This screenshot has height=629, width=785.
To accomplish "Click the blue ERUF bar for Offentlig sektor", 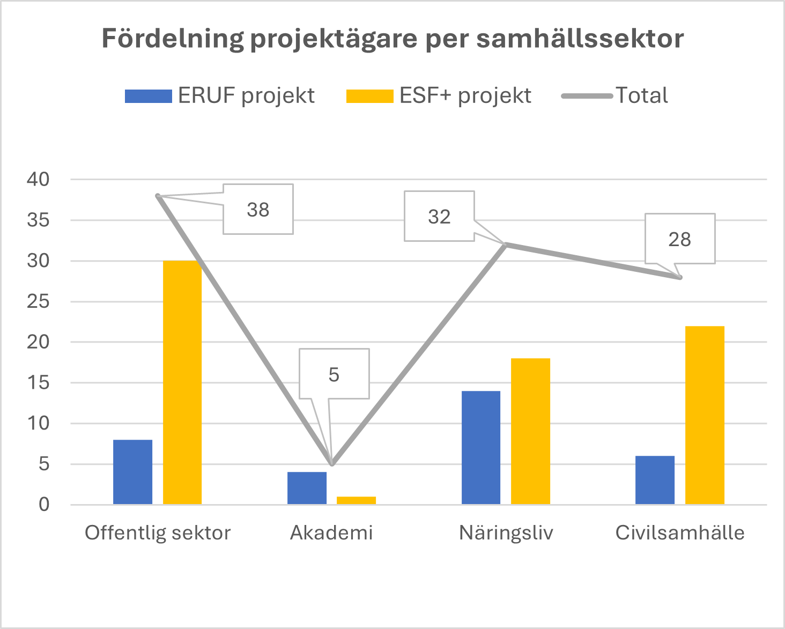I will [132, 472].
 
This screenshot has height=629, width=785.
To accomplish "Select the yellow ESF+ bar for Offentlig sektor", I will [182, 382].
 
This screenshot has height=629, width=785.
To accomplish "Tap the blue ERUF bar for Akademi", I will [307, 488].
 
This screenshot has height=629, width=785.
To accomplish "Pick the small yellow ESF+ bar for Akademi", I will [356, 500].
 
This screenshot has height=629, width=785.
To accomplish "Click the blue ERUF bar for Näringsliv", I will [480, 448].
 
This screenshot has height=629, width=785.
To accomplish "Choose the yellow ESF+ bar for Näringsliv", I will [530, 431].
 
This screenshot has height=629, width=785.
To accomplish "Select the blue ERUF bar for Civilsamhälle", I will [655, 480].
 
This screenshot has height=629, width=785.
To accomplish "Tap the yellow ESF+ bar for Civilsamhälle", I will [705, 415].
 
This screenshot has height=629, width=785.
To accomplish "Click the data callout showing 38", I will [258, 210].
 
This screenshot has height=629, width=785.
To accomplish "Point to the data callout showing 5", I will [334, 374].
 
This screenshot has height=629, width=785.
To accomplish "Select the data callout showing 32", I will [439, 217].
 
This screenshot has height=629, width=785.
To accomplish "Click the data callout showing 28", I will [679, 239].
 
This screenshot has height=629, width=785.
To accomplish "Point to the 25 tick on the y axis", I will [38, 302].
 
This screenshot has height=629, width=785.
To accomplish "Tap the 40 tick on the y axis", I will [38, 180].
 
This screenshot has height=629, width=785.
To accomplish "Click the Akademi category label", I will [331, 532].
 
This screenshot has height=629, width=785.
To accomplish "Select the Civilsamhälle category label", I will [680, 532].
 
